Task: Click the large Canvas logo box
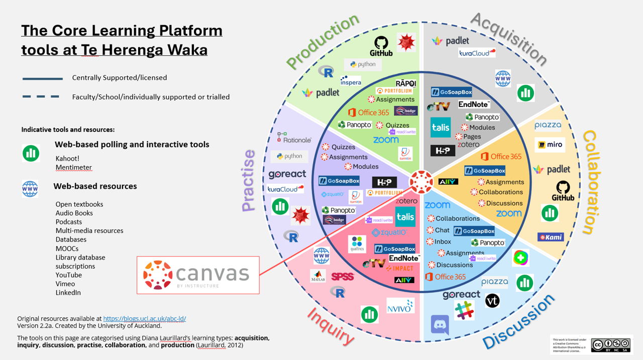tap(198, 275)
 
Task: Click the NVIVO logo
tap(400, 305)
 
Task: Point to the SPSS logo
tap(343, 276)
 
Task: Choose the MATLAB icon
tap(317, 276)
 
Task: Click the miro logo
tap(549, 145)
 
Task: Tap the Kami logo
tap(551, 237)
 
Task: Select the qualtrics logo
tap(358, 245)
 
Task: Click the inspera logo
tap(350, 80)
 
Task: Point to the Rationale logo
tap(294, 138)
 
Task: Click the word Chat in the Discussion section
tap(442, 230)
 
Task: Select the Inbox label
tap(443, 242)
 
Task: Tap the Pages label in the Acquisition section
tap(472, 137)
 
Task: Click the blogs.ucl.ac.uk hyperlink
tap(145, 318)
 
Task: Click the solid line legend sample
tap(42, 78)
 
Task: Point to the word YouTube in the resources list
tap(69, 275)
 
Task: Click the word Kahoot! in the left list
tap(68, 158)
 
